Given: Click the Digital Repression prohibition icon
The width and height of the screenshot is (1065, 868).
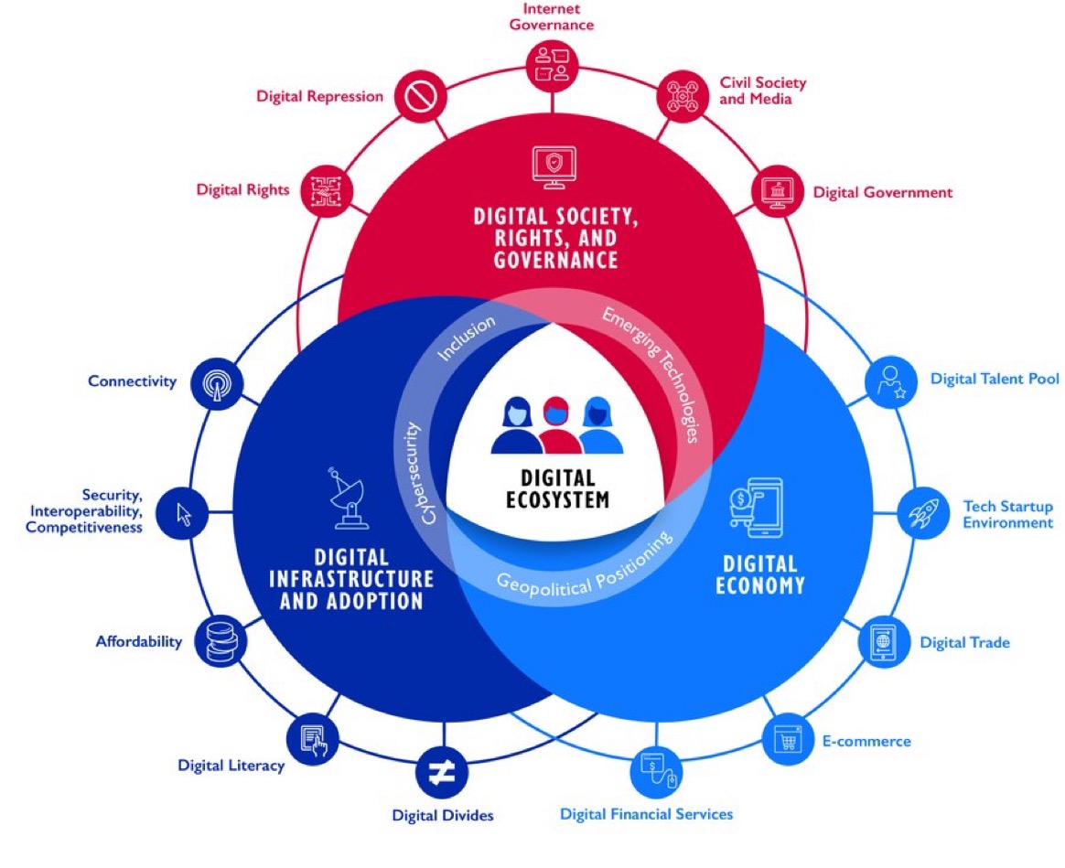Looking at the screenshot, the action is click(421, 96).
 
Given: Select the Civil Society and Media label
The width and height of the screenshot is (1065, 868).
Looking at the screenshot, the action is click(763, 91).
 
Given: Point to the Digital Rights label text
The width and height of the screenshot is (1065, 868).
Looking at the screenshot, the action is click(242, 189).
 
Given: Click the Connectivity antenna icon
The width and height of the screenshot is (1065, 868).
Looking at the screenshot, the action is click(217, 384).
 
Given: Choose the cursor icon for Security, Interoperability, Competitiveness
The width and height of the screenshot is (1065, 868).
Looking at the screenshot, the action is click(182, 513).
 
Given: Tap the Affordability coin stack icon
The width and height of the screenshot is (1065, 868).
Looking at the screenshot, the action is click(221, 640).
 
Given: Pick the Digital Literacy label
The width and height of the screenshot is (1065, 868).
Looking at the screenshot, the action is click(231, 766).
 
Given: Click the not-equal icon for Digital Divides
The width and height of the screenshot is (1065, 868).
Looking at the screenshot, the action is click(442, 772).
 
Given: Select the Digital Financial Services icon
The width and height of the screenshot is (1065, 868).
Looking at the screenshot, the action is click(657, 772).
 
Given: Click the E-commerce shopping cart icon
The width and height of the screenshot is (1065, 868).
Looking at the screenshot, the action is click(787, 740).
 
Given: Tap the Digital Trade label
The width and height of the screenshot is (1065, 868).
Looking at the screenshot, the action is click(964, 642).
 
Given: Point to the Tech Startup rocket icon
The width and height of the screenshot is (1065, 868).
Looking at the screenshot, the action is click(924, 513).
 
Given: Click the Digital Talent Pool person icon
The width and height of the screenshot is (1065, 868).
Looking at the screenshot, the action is click(890, 381).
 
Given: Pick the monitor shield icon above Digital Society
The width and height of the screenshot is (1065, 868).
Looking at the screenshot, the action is click(554, 167).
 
